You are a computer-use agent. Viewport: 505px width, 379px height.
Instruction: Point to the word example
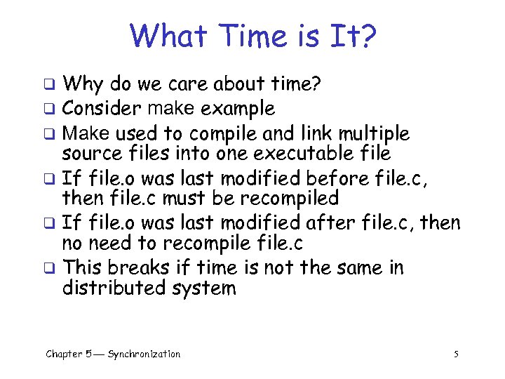point(237,109)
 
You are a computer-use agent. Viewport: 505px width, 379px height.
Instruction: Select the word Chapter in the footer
point(65,354)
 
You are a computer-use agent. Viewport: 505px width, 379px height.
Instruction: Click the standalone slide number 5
point(456,354)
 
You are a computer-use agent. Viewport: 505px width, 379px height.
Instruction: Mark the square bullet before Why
point(50,86)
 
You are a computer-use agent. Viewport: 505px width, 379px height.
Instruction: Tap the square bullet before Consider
point(50,110)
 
